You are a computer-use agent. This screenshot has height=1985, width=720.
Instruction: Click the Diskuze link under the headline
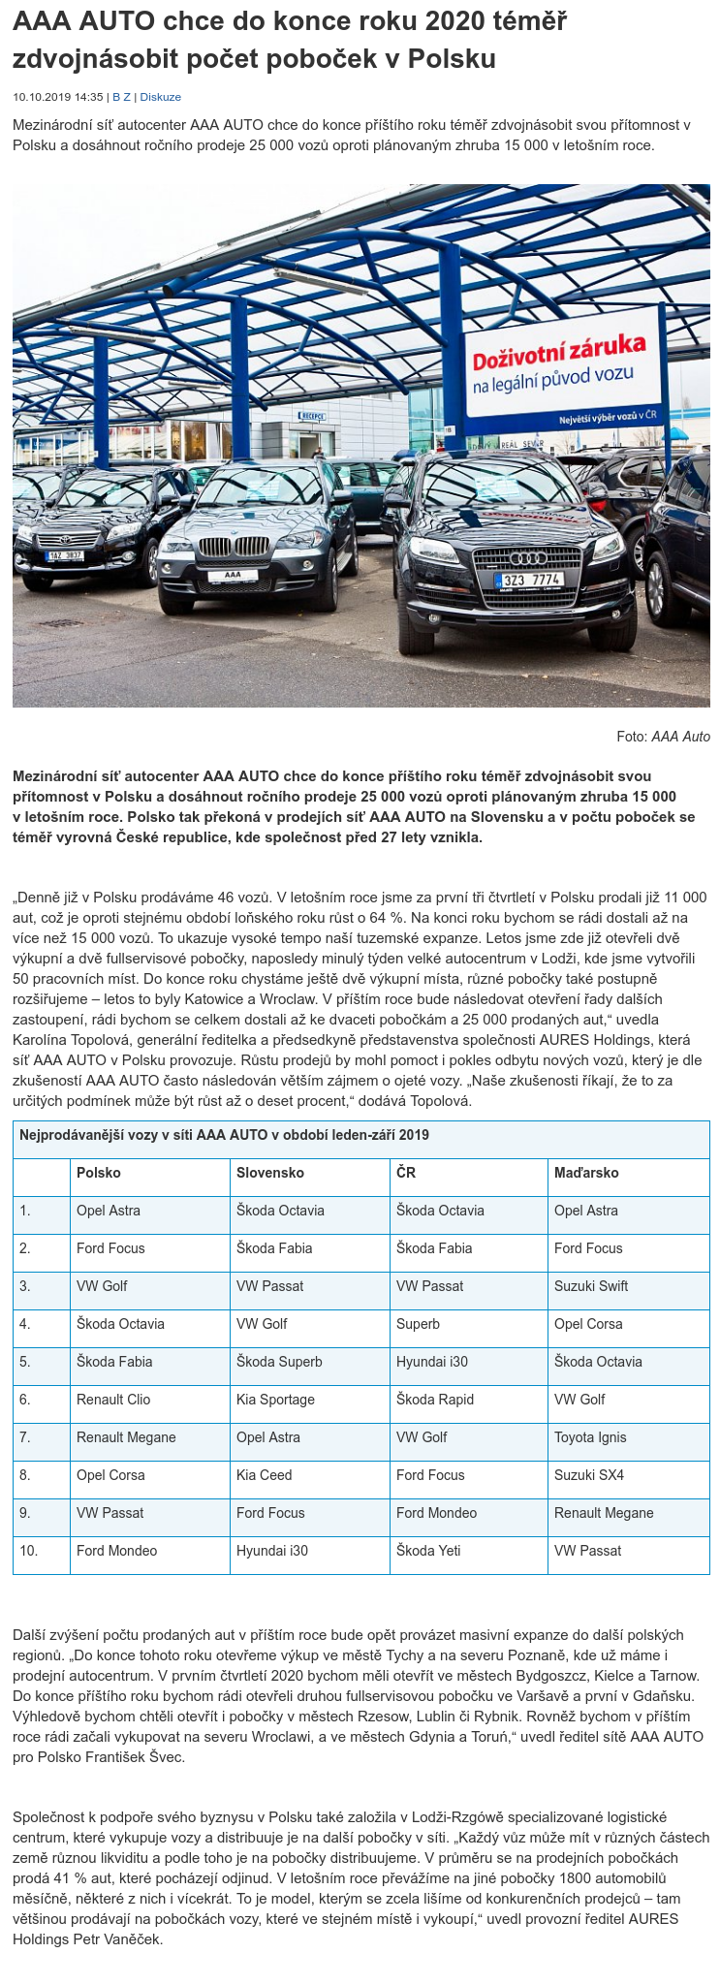(x=161, y=97)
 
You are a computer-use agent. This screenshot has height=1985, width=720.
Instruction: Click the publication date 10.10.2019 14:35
(x=57, y=97)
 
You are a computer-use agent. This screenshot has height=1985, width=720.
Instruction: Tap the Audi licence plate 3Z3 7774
(x=529, y=581)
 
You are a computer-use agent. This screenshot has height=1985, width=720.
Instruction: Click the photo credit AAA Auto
(x=680, y=737)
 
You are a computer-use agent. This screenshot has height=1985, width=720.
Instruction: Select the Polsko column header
(x=99, y=1173)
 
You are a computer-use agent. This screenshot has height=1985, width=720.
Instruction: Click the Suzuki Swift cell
(x=591, y=1286)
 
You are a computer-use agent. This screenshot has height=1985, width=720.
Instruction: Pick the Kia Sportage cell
(x=275, y=1400)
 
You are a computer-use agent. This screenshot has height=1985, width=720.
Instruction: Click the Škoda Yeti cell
(x=428, y=1551)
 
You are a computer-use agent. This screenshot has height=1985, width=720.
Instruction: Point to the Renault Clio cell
(x=113, y=1400)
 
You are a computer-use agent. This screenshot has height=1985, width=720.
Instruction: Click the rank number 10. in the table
(x=28, y=1551)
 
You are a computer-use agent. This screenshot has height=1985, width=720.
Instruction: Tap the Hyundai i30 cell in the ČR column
(x=432, y=1362)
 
